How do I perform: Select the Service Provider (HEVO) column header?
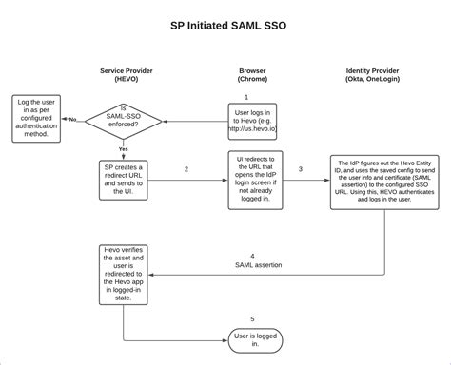click(127, 75)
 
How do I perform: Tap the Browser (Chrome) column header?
click(252, 75)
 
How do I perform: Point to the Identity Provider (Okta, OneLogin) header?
click(385, 75)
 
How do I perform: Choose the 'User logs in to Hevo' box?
click(253, 122)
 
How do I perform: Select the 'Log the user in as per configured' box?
click(38, 117)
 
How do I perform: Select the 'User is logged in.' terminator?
click(254, 338)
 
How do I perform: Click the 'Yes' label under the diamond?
click(124, 149)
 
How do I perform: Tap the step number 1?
click(245, 96)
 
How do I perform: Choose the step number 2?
click(186, 168)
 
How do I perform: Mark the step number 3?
click(301, 168)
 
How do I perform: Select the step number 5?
click(252, 318)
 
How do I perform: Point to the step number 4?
click(252, 255)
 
